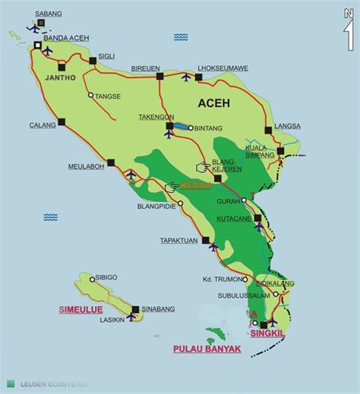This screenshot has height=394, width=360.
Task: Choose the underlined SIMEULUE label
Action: pyautogui.click(x=78, y=310)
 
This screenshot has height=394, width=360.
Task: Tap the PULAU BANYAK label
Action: pyautogui.click(x=202, y=349)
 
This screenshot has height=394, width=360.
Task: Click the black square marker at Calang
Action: pyautogui.click(x=62, y=120)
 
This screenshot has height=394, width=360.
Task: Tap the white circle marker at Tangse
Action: pyautogui.click(x=91, y=96)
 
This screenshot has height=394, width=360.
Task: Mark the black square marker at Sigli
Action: pyautogui.click(x=92, y=60)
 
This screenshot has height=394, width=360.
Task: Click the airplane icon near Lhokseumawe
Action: pyautogui.click(x=186, y=77)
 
